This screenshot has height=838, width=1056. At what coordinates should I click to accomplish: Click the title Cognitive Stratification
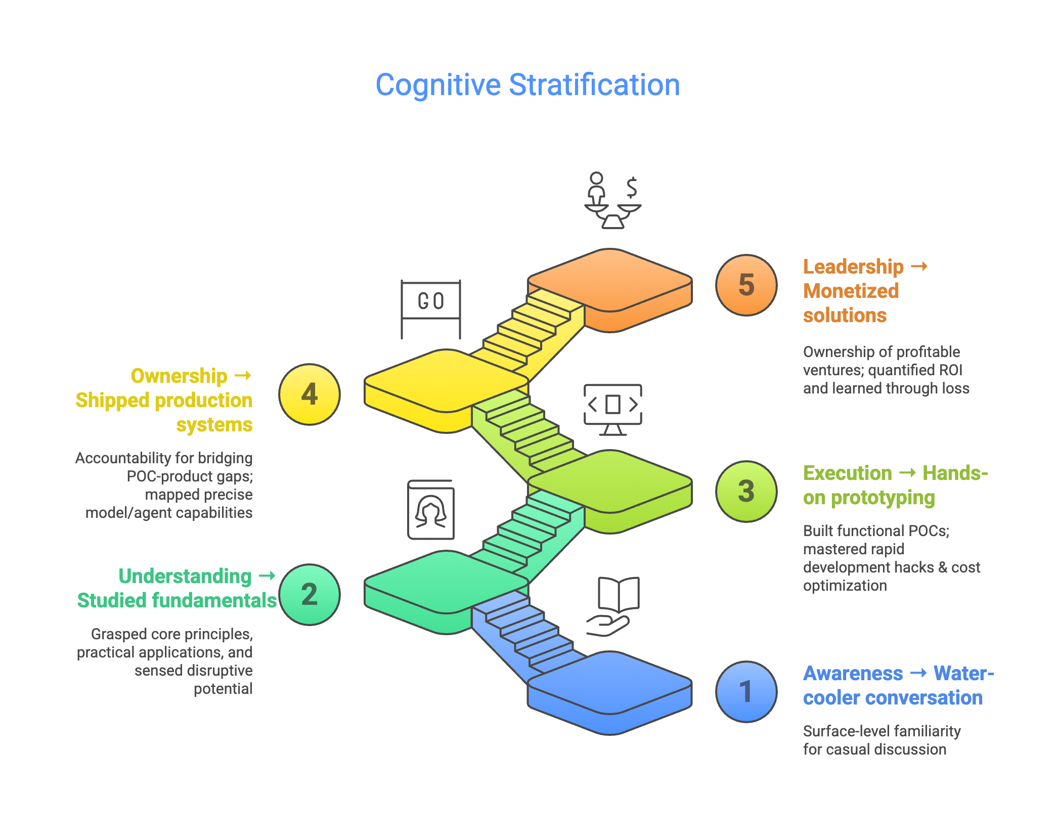click(x=527, y=85)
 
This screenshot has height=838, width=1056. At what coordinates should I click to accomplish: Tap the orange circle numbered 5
click(x=746, y=285)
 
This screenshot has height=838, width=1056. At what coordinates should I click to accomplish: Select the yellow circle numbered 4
click(x=309, y=394)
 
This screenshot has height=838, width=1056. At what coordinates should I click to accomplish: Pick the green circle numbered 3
click(x=746, y=491)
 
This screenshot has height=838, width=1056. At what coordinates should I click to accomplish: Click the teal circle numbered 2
click(x=309, y=594)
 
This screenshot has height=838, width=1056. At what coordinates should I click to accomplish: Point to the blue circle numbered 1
click(x=746, y=691)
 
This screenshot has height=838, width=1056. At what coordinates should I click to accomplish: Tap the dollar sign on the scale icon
click(x=632, y=188)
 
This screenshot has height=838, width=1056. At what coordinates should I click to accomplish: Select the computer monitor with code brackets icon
click(x=612, y=409)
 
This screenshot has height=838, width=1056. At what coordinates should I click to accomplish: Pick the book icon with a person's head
click(x=430, y=510)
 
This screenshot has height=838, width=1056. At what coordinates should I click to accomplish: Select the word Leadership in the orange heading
click(x=853, y=267)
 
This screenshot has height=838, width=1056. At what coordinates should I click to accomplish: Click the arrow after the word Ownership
click(x=243, y=375)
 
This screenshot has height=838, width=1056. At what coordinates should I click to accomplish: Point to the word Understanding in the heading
click(x=185, y=576)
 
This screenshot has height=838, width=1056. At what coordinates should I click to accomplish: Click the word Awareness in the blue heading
click(x=853, y=673)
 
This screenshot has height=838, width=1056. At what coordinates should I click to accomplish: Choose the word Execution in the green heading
click(x=848, y=473)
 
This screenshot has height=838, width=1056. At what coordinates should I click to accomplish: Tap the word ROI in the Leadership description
click(x=950, y=370)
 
